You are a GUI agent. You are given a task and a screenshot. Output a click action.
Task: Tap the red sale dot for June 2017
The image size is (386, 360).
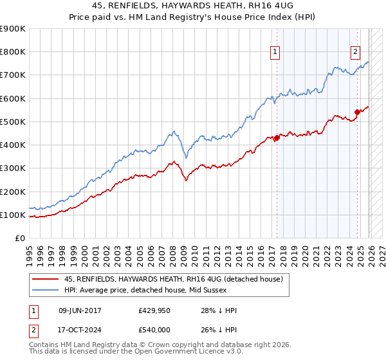(277, 138)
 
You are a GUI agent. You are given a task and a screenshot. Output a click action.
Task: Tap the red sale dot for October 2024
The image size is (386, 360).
(357, 112)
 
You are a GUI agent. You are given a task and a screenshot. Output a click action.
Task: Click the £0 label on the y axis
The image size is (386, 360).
(19, 239)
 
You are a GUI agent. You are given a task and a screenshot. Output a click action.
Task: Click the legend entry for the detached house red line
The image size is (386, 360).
(178, 279)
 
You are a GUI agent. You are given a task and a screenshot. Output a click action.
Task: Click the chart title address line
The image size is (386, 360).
(193, 6)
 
